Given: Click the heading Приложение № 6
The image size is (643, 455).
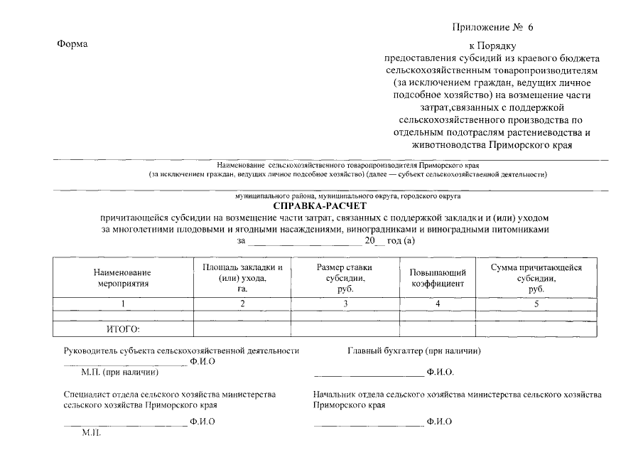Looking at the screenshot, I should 492,27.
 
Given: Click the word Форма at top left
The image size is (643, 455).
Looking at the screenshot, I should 72,45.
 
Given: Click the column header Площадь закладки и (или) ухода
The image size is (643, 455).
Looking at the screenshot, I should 242,277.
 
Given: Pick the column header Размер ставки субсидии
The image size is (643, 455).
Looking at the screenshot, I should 345,277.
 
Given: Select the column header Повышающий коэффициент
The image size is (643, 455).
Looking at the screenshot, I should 438,277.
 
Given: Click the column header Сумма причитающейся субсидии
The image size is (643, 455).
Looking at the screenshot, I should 536,277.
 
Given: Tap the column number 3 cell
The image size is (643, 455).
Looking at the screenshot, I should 345,304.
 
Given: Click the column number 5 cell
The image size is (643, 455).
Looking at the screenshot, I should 536,304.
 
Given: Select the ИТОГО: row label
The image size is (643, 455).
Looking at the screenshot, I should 123,328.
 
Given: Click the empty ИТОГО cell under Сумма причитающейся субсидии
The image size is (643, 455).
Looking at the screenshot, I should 536,328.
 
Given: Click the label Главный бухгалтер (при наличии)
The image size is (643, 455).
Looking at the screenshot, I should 414,350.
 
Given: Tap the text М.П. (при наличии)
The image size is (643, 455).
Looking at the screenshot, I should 120,372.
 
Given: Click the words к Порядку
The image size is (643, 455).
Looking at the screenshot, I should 491,46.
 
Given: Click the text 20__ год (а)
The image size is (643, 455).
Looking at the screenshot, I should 389,241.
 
